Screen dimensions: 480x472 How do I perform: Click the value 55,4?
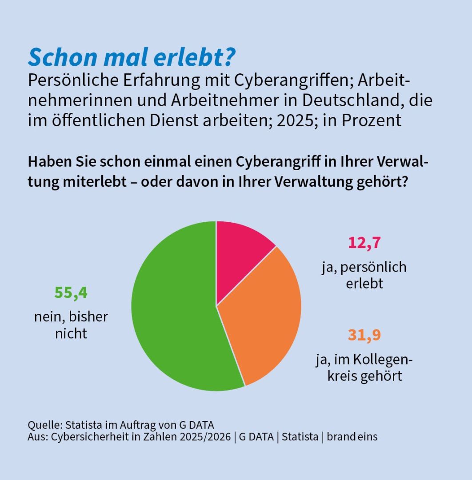tap(71, 293)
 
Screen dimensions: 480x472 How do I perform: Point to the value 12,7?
tap(364, 244)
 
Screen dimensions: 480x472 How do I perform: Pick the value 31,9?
tap(364, 335)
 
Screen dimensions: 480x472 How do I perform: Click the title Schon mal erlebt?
tap(132, 57)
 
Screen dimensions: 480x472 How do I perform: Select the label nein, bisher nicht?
tap(71, 325)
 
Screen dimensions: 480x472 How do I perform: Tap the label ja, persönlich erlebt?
tap(364, 275)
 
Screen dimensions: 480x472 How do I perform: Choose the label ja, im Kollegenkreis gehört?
tap(364, 367)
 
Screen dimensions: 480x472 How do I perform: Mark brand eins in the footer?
tap(352, 437)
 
